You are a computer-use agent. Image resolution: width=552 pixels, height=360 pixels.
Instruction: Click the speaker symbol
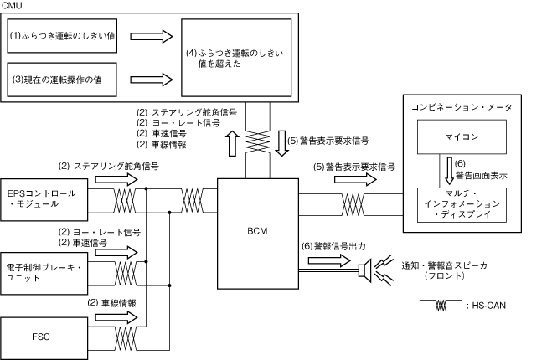coord(366,269)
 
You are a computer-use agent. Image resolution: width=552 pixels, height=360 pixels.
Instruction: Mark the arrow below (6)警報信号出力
coord(331,261)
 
